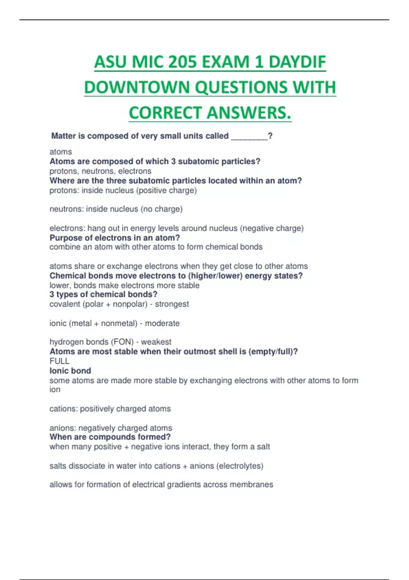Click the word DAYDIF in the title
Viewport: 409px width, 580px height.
297,62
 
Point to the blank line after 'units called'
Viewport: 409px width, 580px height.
249,136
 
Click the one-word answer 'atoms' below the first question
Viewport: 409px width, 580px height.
61,152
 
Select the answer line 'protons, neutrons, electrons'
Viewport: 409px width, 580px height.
100,171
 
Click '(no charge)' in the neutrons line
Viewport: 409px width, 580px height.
161,209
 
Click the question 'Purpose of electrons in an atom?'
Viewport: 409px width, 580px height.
115,238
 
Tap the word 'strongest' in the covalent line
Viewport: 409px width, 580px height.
172,304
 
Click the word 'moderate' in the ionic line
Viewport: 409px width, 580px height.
162,323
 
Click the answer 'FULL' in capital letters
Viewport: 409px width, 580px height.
59,361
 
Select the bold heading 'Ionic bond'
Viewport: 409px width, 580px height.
70,371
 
